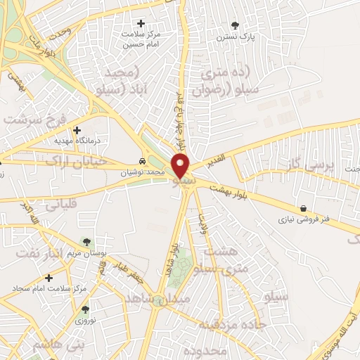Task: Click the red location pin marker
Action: (181, 166)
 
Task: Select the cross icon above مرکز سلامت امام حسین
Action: (141, 24)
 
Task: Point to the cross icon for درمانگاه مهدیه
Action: (77, 130)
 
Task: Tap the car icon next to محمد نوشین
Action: (143, 161)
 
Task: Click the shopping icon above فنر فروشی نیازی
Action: (303, 208)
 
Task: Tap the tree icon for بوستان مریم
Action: (86, 242)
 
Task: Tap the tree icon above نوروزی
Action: (85, 309)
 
